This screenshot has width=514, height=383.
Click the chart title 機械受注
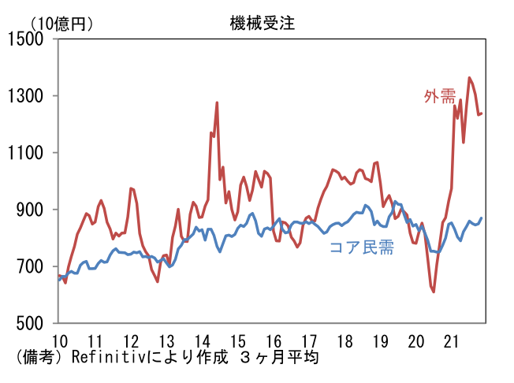[257, 24]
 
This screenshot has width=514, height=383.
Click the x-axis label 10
[58, 340]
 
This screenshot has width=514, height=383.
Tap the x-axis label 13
[166, 340]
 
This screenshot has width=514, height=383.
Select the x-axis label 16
[274, 340]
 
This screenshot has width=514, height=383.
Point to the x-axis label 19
[381, 340]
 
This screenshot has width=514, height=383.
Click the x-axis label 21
[453, 340]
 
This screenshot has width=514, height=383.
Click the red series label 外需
[440, 96]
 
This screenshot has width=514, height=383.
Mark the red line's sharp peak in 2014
[217, 102]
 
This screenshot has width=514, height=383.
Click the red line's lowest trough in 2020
[434, 292]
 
